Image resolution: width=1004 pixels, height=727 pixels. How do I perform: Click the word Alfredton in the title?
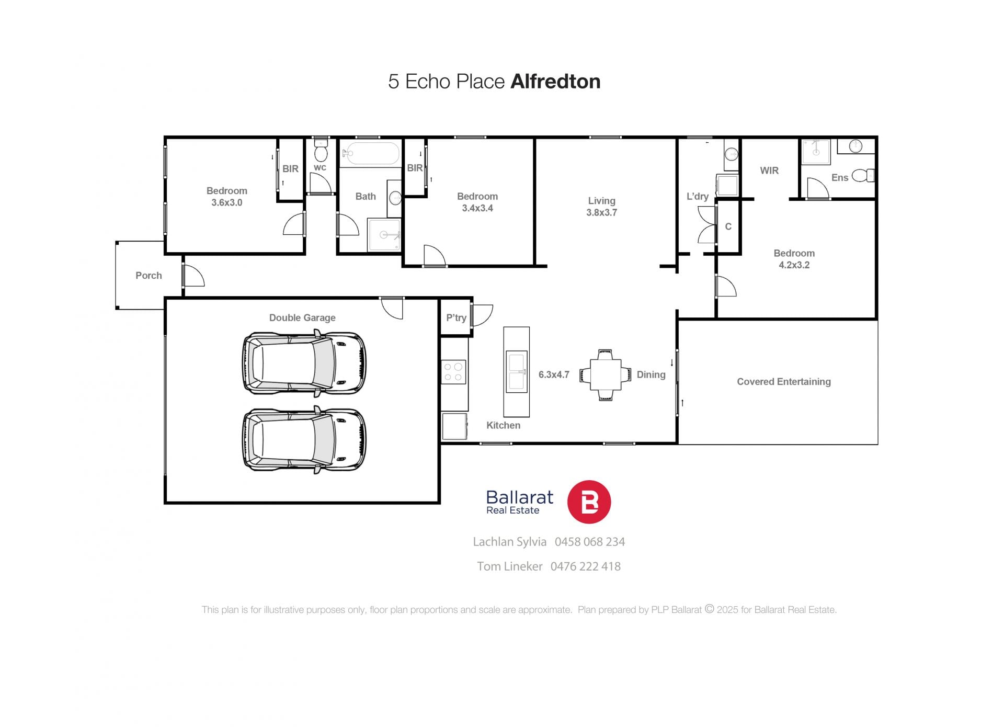[555, 82]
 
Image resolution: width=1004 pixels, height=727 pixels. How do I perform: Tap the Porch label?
[149, 276]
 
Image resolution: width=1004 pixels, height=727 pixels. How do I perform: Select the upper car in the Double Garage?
[304, 362]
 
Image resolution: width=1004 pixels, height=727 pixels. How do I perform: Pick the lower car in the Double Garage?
[304, 440]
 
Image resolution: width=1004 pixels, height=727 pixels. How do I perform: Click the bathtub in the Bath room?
[371, 153]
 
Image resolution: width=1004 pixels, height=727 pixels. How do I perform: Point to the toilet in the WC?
[321, 151]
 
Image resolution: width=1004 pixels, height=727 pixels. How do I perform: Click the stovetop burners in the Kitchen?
[453, 372]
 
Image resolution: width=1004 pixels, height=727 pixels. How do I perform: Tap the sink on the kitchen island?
[516, 372]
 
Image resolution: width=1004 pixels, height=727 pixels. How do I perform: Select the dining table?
[606, 374]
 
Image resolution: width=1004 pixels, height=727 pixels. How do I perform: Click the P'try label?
[456, 317]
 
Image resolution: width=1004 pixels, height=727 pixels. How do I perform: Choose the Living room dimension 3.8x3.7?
[601, 212]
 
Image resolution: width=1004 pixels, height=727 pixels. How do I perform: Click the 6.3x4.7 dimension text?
[554, 374]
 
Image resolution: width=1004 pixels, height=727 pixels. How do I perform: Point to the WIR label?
[769, 171]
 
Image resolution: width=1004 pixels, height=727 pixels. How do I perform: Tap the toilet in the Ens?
[863, 175]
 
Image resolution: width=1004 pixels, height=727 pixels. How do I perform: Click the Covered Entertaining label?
[784, 382]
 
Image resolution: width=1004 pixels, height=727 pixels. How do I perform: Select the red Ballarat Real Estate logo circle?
[589, 502]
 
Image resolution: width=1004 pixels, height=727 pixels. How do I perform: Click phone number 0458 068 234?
[590, 542]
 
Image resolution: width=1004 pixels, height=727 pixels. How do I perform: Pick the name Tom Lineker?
[510, 566]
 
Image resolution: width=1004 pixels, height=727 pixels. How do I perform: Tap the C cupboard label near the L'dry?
[728, 226]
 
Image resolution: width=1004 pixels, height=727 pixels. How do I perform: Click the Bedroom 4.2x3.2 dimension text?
[794, 265]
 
